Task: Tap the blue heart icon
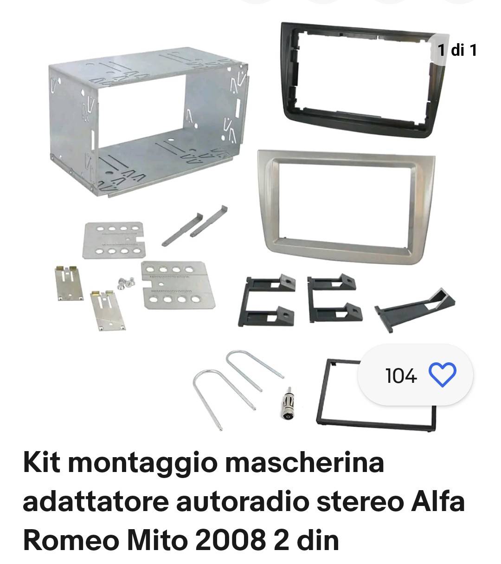(x=443, y=375)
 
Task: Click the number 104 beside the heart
(x=401, y=376)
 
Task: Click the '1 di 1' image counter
(x=457, y=50)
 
